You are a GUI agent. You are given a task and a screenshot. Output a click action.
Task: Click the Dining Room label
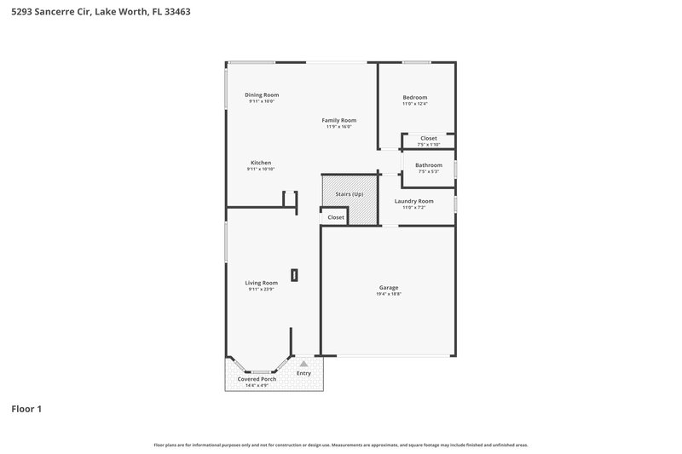click(262, 95)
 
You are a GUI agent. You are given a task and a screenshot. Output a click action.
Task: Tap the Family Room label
click(338, 120)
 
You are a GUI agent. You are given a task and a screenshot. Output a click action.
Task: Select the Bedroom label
click(415, 97)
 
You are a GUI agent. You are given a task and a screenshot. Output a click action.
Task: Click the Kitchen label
click(261, 163)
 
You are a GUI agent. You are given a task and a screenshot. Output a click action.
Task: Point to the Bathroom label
click(429, 164)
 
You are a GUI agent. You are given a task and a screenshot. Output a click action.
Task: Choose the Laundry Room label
click(413, 201)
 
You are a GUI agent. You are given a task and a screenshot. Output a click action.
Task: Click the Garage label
click(389, 287)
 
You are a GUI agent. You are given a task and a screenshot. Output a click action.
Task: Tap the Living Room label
click(262, 283)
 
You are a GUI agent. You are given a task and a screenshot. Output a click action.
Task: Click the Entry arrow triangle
click(303, 364)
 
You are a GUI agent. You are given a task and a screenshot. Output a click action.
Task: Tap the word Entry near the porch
click(303, 373)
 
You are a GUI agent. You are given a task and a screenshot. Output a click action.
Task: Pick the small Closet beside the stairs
click(336, 217)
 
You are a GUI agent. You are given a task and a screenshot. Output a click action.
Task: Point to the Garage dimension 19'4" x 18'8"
click(389, 294)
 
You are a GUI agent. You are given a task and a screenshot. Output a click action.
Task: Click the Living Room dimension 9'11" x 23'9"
click(262, 290)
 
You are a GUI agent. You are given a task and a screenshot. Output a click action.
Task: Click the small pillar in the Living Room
click(294, 274)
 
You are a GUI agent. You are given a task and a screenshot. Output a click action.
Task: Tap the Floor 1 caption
click(26, 409)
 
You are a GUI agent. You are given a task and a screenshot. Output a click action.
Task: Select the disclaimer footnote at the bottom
click(341, 445)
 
